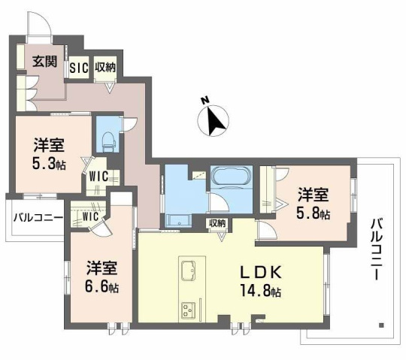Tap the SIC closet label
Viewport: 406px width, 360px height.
(79, 67)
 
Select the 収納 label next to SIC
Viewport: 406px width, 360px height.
(105, 67)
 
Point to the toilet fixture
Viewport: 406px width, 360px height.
(108, 139)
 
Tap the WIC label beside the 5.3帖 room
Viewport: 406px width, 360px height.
(100, 177)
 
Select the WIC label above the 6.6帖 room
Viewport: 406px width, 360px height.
(90, 216)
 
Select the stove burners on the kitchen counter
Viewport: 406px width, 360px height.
(187, 309)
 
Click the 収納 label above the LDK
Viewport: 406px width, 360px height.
(218, 223)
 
